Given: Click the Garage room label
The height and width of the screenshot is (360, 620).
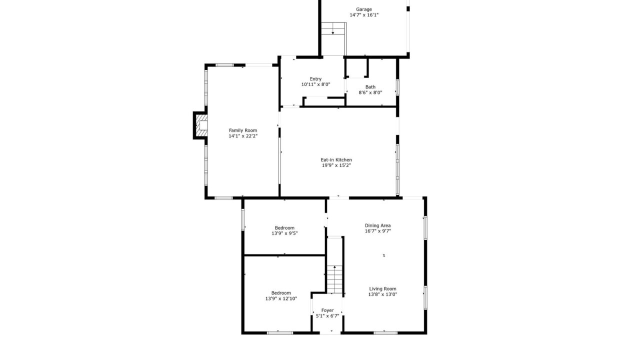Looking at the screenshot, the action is [363, 9].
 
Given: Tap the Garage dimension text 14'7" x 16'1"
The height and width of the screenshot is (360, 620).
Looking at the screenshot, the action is [364, 15].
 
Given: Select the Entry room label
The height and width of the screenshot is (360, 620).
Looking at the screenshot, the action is [315, 79].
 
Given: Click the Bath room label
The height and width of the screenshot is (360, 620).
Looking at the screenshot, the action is [370, 87].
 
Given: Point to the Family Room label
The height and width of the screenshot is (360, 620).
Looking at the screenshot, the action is [243, 130].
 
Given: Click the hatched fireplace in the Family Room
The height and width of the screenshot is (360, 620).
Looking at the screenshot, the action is [201, 125].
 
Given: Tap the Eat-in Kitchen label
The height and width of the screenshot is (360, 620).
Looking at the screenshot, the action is [336, 159].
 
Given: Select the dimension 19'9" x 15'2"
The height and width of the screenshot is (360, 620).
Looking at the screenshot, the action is [336, 165].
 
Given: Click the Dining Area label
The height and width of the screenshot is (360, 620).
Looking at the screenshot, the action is [378, 225].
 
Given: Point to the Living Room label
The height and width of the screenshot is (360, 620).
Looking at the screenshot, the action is [382, 289].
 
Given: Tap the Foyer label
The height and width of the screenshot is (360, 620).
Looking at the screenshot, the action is [327, 310].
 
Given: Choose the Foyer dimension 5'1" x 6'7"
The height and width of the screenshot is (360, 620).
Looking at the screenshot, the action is [327, 316].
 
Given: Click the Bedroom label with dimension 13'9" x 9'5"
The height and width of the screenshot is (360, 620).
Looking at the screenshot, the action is [284, 228].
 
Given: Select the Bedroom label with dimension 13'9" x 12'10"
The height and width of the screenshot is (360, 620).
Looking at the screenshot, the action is [281, 293].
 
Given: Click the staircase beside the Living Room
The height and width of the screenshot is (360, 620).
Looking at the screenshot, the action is [334, 279].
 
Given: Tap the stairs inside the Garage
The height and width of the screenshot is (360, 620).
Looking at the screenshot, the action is [333, 28].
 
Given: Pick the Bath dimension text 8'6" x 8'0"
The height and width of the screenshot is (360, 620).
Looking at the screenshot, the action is [370, 92].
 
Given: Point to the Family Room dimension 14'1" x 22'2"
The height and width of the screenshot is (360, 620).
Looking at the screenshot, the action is [243, 136].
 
